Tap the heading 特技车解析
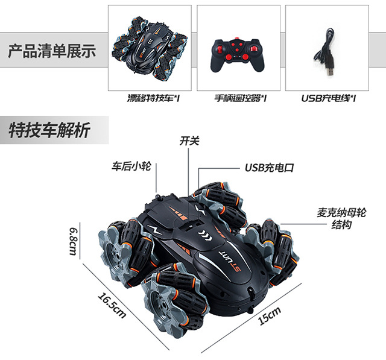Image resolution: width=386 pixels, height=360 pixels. pos(50,130)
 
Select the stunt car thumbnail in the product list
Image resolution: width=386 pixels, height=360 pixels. pos(150,48)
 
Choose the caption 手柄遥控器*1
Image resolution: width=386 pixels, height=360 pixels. pos(241,97)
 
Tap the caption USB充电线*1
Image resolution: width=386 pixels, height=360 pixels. pos(329,97)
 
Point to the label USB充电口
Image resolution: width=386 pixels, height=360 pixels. pos(269,167)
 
